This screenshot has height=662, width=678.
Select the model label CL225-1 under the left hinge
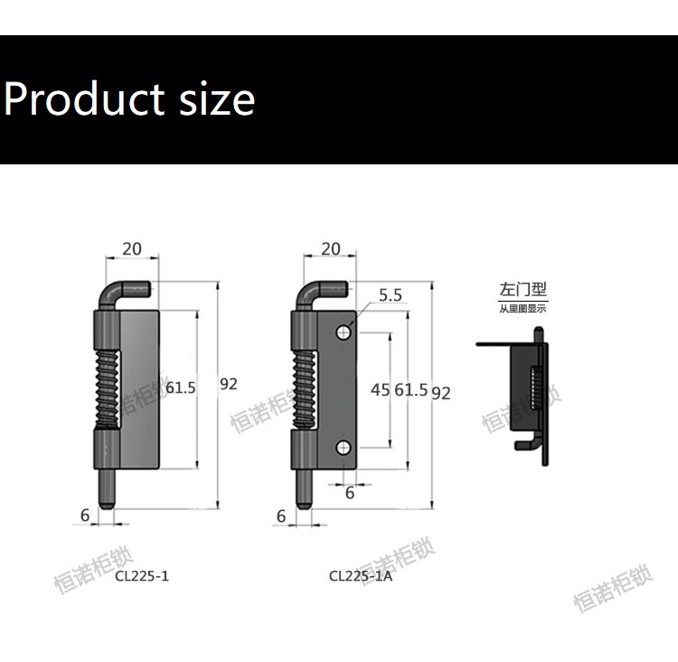click(x=142, y=574)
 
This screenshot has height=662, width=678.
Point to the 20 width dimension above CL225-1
click(x=132, y=248)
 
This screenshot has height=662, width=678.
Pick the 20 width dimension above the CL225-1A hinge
click(x=331, y=248)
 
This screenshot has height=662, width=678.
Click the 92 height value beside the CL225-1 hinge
click(x=229, y=384)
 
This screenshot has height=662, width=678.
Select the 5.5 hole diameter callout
click(x=391, y=294)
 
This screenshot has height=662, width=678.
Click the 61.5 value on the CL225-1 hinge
click(x=181, y=387)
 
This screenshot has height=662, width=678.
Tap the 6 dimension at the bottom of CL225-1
click(x=85, y=515)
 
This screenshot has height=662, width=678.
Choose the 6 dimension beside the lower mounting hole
click(x=350, y=493)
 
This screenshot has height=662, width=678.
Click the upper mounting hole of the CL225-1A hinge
click(x=344, y=332)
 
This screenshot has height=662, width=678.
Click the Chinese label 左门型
click(x=523, y=290)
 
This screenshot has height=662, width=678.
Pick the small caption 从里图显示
click(x=523, y=309)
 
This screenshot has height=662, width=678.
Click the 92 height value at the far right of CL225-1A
click(x=441, y=392)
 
